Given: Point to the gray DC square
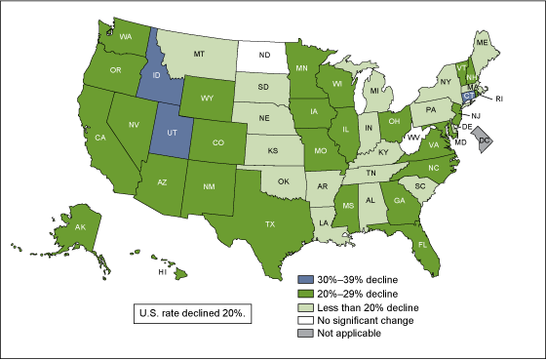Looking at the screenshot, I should (484, 143).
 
